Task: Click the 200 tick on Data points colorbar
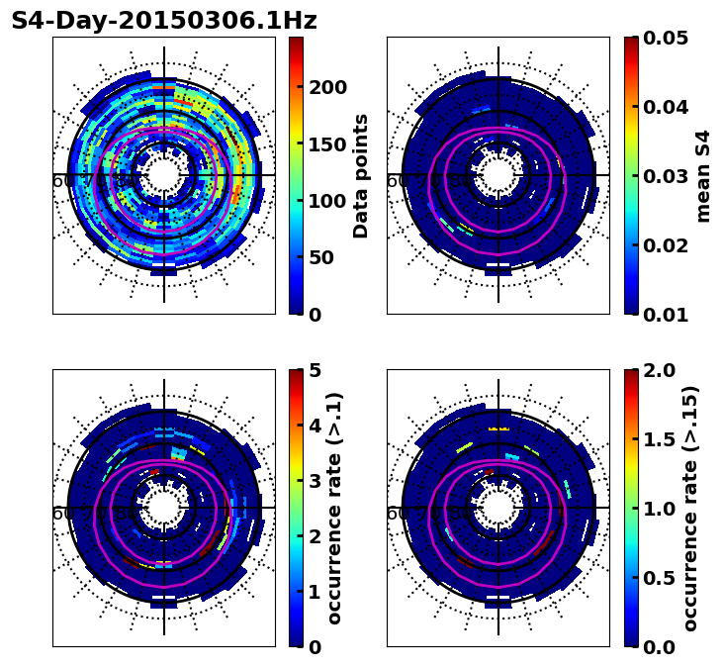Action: tap(326, 86)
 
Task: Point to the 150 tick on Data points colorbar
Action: tap(326, 143)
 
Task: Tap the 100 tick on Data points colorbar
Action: tap(326, 201)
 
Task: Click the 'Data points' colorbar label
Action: tap(361, 176)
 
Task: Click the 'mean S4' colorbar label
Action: tap(704, 176)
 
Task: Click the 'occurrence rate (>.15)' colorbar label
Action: tap(690, 508)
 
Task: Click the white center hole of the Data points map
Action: tap(164, 176)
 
